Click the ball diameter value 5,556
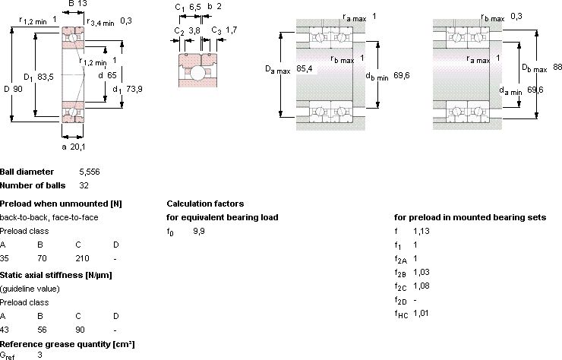coord(90,172)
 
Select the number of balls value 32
coord(84,185)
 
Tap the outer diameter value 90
coord(18,89)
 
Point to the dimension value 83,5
coord(46,77)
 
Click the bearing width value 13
coord(83,4)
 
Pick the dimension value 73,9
coord(134,89)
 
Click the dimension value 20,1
coord(77,147)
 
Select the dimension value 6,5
coord(194,7)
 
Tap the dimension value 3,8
coord(194,30)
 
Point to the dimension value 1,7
coord(231,30)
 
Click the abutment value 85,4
coord(305,68)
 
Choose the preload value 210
coord(82,258)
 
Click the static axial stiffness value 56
coord(42,330)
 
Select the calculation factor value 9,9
coord(199,232)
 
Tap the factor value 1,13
coord(421,232)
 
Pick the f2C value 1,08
coord(421,286)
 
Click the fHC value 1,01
coord(421,314)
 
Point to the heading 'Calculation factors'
coord(205,204)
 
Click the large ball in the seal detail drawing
coord(197,73)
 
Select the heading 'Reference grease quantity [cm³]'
coord(68,344)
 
